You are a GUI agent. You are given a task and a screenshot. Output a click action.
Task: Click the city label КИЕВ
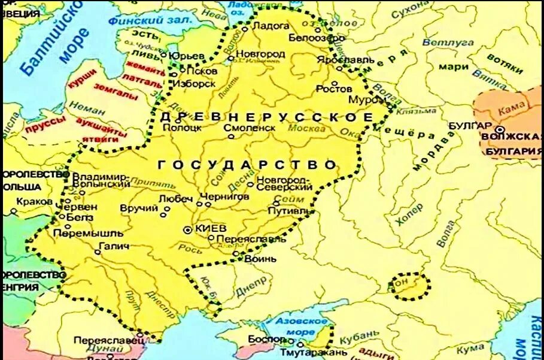tap(211, 229)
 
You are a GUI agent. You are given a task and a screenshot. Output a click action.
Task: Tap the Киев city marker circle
tap(189, 229)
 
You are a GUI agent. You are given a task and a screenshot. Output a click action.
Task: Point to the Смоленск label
tap(250, 128)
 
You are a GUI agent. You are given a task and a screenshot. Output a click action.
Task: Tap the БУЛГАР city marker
tap(500, 129)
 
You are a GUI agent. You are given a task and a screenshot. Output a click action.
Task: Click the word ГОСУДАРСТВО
tap(247, 164)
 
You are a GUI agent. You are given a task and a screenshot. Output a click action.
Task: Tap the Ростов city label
tap(334, 89)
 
